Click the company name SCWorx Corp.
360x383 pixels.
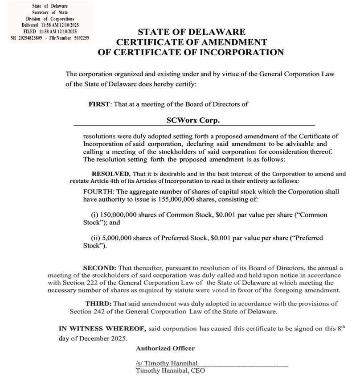point(193,120)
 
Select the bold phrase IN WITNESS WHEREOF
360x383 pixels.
point(102,329)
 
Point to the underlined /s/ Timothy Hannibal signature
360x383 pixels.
point(167,363)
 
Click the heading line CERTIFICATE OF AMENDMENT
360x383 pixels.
point(192,42)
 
